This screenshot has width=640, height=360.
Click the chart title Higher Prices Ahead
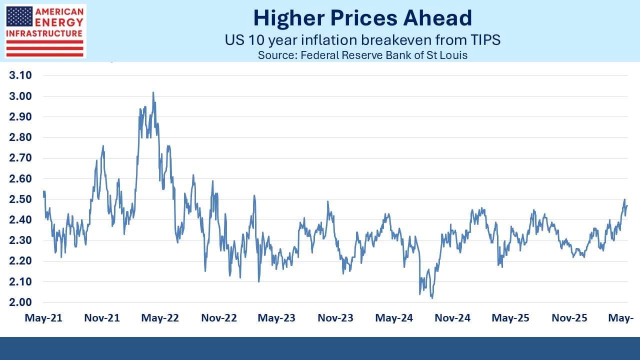[x=362, y=18]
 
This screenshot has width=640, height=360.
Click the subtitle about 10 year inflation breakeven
[x=362, y=39]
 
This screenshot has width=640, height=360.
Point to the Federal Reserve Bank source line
[x=362, y=55]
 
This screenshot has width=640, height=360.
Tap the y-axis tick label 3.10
[x=20, y=75]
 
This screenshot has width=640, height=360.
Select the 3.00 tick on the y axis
[x=20, y=96]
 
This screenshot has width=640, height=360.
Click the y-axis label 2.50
[x=20, y=199]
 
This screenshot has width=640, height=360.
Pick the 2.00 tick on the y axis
[x=20, y=302]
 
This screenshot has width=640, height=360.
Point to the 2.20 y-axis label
[x=20, y=261]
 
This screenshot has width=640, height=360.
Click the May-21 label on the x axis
[x=43, y=317]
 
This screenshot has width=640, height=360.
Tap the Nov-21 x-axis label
[x=102, y=317]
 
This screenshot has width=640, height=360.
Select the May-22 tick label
[x=160, y=317]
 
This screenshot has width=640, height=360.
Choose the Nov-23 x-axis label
[x=335, y=317]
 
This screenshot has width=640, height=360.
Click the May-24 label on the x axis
[x=394, y=317]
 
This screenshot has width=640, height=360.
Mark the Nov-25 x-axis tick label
[x=569, y=317]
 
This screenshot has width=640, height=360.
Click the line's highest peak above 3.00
[x=153, y=92]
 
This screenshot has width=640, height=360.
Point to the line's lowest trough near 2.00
[x=432, y=298]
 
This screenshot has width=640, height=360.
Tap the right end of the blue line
[x=627, y=205]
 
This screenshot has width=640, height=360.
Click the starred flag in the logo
[x=19, y=17]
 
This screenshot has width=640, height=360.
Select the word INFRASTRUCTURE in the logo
[x=44, y=33]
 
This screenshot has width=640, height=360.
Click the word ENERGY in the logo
[x=59, y=22]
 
